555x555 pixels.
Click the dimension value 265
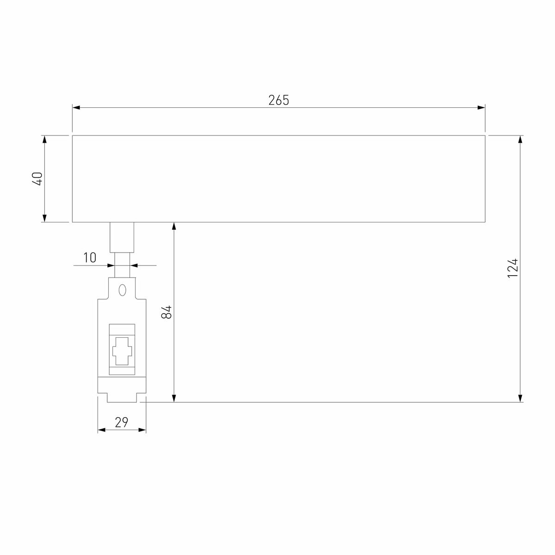pos(278,100)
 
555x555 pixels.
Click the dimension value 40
pos(38,179)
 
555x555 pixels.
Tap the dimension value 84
pos(167,312)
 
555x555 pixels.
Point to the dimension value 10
pos(90,258)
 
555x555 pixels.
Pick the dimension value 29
pos(121,422)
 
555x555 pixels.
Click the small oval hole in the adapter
pos(122,290)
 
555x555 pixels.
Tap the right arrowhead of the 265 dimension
pos(481,108)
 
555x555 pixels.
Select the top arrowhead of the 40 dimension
pos(44,140)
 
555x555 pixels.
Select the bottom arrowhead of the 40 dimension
pos(44,218)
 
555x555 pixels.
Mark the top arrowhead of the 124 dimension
pos(521,140)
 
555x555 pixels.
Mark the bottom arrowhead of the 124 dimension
pos(521,398)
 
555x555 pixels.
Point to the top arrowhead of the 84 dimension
pos(174,227)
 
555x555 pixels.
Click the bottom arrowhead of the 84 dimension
pos(174,398)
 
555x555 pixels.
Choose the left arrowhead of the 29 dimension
pos(102,430)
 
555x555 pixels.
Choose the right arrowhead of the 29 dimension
pos(142,430)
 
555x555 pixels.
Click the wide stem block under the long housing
pos(122,237)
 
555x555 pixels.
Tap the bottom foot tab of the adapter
pos(122,398)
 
